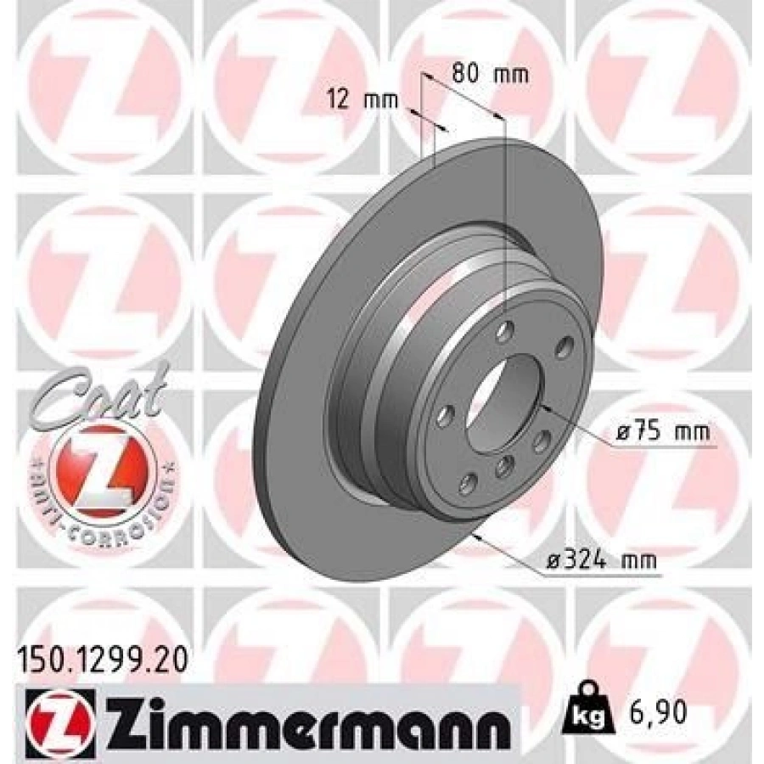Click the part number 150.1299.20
pyautogui.click(x=99, y=655)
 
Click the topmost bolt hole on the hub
pyautogui.click(x=506, y=331)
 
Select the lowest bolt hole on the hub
pyautogui.click(x=466, y=483)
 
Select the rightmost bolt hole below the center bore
pyautogui.click(x=536, y=442)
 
